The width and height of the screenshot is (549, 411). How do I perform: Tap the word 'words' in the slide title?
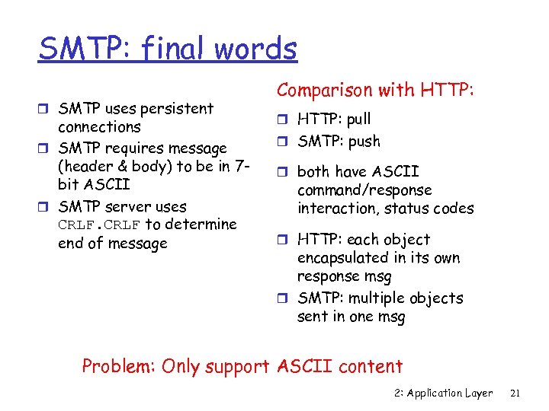point(255,49)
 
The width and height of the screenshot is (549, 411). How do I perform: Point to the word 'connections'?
point(99,127)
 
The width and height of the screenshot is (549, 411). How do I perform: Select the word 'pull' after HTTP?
point(358,119)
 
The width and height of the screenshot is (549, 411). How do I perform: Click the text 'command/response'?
point(364,190)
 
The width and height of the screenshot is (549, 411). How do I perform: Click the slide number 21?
point(514,393)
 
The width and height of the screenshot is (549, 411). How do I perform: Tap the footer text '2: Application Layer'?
point(445,393)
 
